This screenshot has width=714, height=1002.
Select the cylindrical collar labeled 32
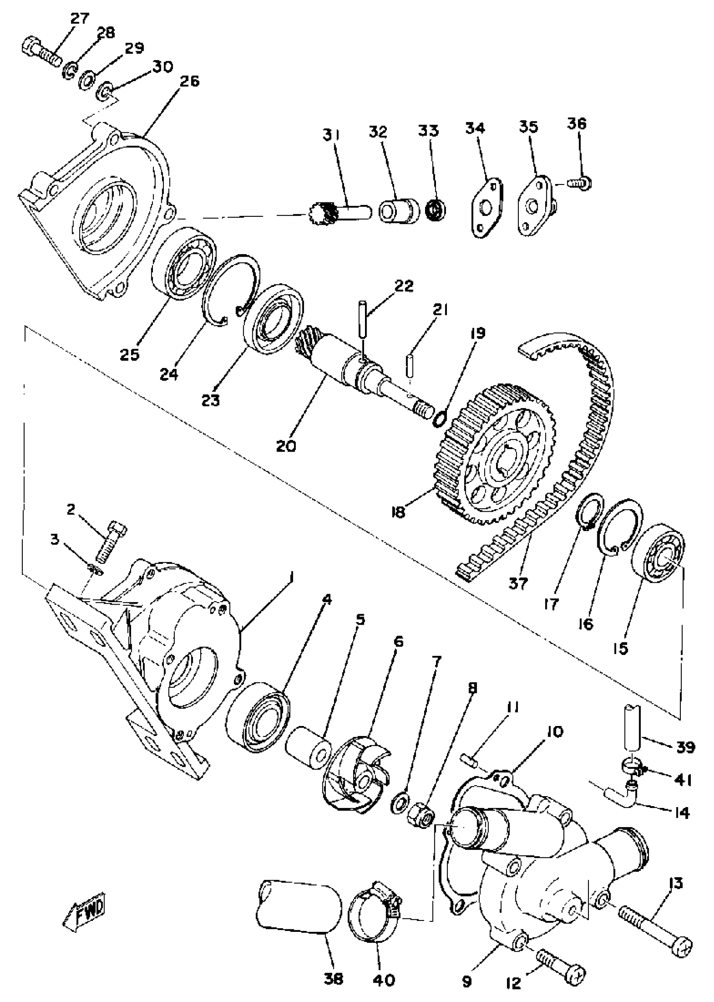tap(396, 211)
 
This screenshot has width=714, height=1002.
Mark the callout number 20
tap(286, 446)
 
